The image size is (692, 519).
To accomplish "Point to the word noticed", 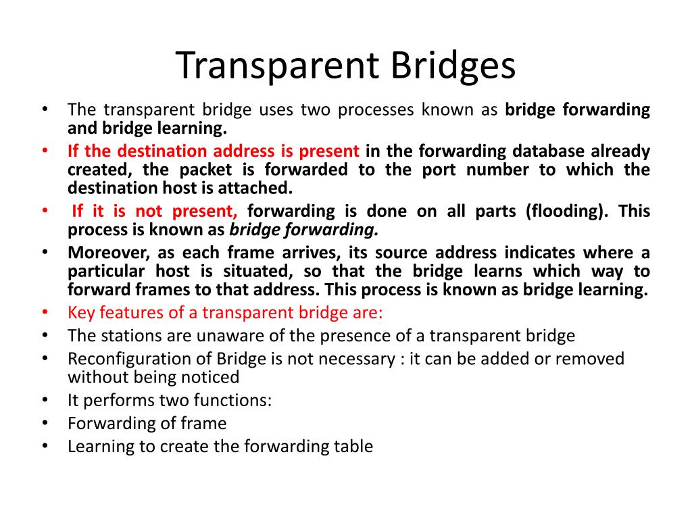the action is tap(211, 377).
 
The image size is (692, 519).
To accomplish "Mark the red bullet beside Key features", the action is tap(45, 312).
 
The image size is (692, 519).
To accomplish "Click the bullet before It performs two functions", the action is tap(45, 400).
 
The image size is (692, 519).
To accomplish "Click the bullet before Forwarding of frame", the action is tap(45, 423).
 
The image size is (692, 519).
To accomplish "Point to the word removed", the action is tap(589, 359).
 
